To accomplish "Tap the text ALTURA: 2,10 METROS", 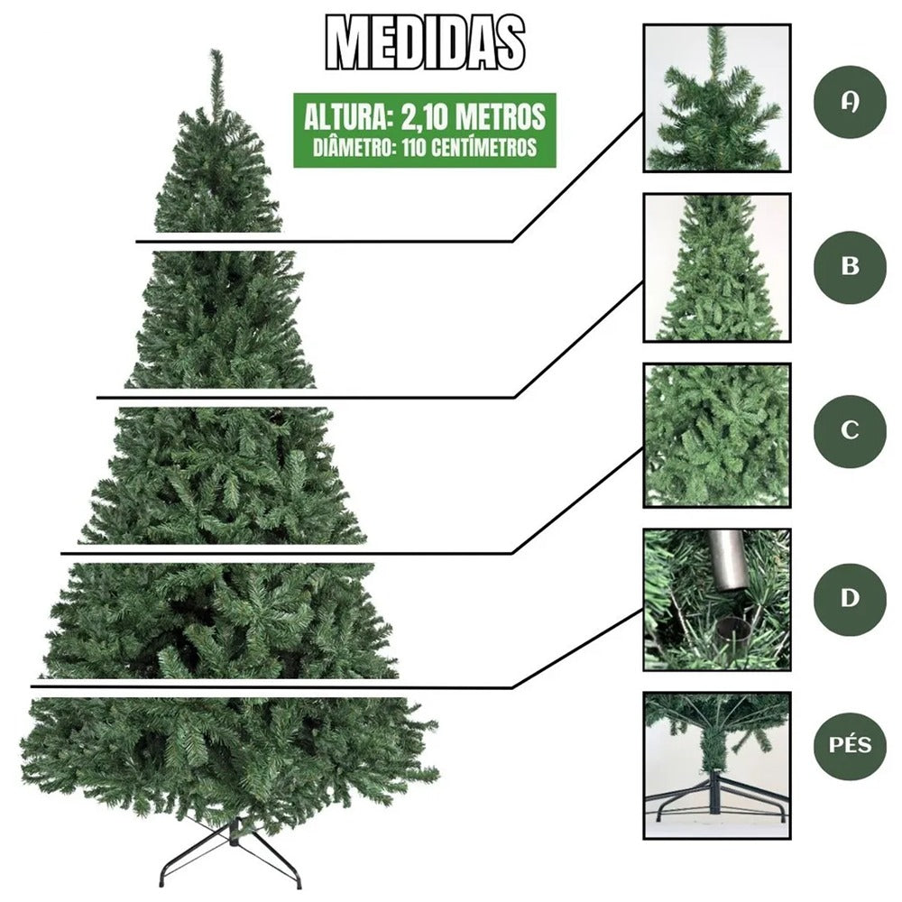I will click(x=425, y=117).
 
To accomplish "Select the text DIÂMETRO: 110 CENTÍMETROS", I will click(x=425, y=147).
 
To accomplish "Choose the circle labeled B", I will click(x=850, y=267).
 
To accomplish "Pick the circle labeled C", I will click(x=850, y=430).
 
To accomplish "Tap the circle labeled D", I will click(x=850, y=599).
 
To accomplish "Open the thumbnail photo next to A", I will click(x=717, y=98).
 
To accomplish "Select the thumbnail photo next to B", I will click(x=717, y=267).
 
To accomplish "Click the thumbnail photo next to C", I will click(x=717, y=435).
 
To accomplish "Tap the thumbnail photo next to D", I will click(x=717, y=600).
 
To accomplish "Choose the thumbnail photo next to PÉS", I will click(x=717, y=765).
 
